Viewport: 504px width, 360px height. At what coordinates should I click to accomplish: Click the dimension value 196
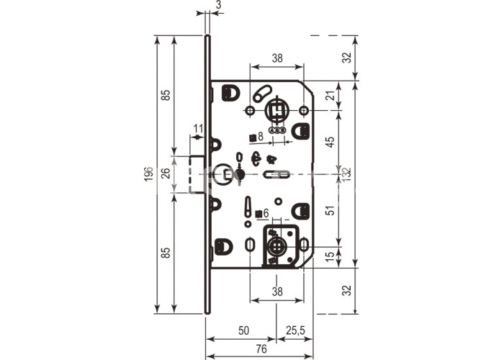coord(148,174)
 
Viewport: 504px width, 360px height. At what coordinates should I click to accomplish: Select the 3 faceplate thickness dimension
coord(219,5)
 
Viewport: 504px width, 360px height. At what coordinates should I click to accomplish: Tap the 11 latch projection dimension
coord(198,129)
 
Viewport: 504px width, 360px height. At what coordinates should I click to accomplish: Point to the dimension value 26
coord(166,174)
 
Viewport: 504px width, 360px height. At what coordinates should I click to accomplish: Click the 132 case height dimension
coord(347,174)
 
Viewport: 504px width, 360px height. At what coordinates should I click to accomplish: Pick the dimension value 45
coord(330,142)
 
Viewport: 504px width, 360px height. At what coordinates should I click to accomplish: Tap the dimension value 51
coord(330,210)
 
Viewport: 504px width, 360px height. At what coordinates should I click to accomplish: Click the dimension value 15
coord(330,257)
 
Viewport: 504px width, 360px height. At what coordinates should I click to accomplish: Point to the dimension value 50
coord(244,330)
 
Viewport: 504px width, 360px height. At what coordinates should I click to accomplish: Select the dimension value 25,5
coord(295,330)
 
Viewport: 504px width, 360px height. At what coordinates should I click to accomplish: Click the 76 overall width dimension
coord(261,348)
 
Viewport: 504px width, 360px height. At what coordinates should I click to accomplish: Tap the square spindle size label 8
coord(261,136)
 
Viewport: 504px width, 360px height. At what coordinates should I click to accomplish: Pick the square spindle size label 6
coord(266,213)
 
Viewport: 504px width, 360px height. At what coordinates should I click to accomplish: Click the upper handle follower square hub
coord(276,111)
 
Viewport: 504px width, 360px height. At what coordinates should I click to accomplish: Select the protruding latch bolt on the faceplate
coord(197,174)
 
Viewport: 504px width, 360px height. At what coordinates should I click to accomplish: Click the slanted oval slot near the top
coord(262,94)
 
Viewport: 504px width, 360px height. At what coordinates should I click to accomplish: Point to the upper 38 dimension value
coord(277,58)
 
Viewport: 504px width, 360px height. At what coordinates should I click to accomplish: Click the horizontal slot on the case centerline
coord(276,174)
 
